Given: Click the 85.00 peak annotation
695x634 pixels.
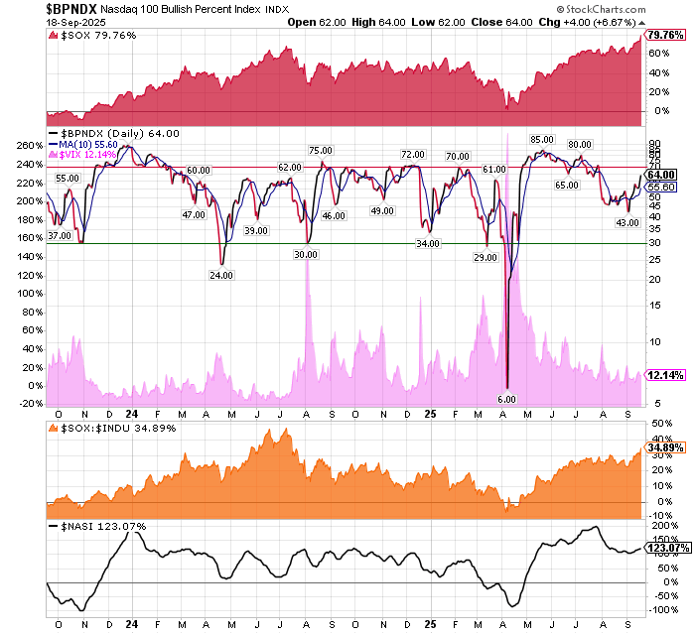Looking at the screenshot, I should pos(541,140).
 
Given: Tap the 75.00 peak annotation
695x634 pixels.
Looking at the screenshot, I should pos(320,150).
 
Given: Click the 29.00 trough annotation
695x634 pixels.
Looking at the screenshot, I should pos(486,257).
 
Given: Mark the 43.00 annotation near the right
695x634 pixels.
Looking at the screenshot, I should pos(627,222).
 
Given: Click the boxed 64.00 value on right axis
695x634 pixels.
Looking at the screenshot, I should pos(661,175).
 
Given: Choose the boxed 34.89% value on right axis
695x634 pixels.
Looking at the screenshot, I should pos(665,447).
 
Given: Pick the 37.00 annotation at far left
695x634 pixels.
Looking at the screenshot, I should pos(60,236).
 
